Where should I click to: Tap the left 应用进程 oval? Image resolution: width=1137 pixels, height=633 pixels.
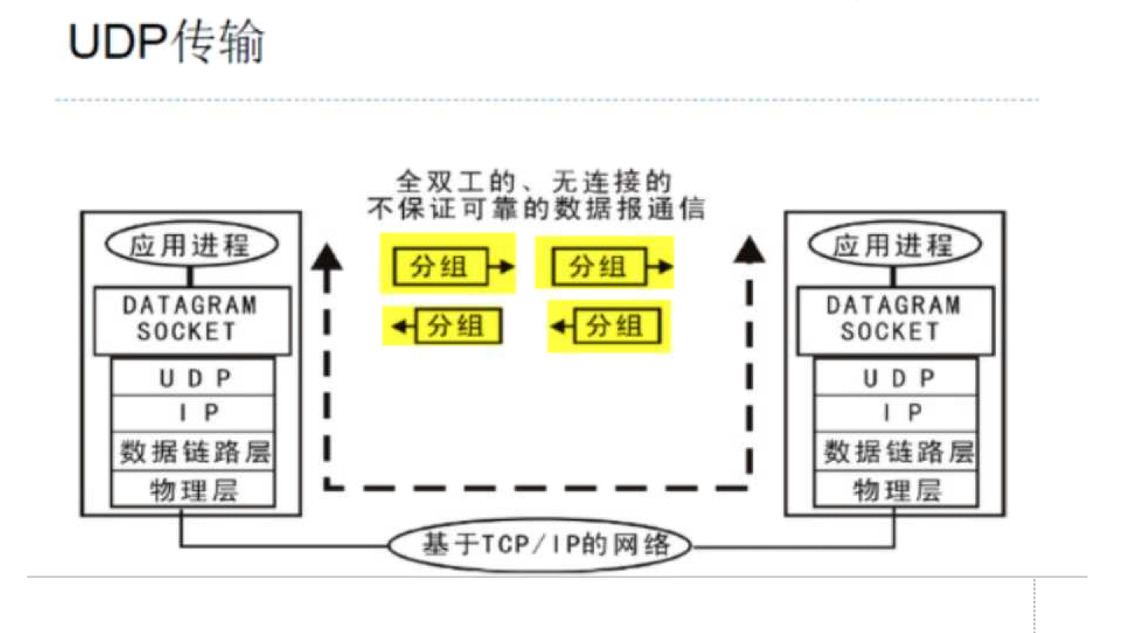pyautogui.click(x=192, y=245)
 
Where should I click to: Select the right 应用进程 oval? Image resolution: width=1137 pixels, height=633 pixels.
pyautogui.click(x=894, y=245)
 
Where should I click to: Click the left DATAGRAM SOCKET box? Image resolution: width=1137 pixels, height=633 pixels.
pyautogui.click(x=192, y=319)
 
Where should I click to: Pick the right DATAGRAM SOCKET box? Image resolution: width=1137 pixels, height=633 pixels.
pyautogui.click(x=895, y=319)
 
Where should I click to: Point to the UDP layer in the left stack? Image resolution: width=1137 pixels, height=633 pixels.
pyautogui.click(x=193, y=378)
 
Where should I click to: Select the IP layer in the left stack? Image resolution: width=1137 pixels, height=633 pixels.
pyautogui.click(x=193, y=413)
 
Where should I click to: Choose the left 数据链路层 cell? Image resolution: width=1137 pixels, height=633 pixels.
pyautogui.click(x=193, y=452)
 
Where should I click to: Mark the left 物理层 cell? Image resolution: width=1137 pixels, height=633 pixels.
pyautogui.click(x=193, y=490)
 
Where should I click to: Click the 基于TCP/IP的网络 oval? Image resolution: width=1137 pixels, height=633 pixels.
pyautogui.click(x=540, y=545)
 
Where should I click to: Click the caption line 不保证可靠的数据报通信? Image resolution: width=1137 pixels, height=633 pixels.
pyautogui.click(x=536, y=209)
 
